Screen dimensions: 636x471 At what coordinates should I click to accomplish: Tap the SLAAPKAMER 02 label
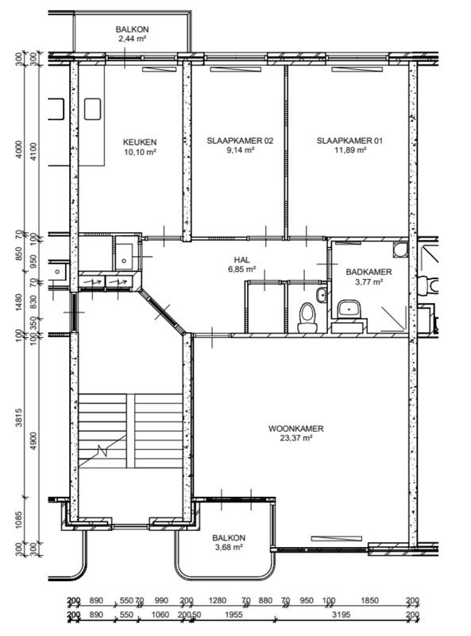click(x=240, y=140)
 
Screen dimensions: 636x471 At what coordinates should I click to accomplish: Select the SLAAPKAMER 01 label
click(x=349, y=140)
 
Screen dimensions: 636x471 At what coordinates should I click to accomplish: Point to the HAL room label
click(x=241, y=260)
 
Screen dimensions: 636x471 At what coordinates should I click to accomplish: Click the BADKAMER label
click(x=369, y=271)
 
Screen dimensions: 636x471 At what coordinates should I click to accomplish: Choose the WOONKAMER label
click(x=302, y=428)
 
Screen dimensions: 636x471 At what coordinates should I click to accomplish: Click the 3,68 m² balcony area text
click(x=228, y=546)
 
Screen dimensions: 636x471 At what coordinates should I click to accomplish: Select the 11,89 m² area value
click(x=349, y=149)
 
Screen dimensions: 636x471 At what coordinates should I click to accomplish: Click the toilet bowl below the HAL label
click(x=306, y=318)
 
